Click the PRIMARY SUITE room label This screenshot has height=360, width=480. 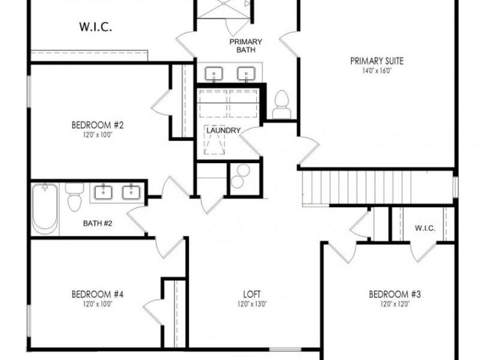coord(377,60)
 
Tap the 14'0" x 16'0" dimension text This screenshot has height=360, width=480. coord(377,70)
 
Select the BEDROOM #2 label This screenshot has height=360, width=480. coord(97,125)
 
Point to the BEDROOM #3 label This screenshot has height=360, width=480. coord(395,294)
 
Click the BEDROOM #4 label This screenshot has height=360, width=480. coord(97,294)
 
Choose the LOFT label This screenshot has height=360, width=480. coord(251,294)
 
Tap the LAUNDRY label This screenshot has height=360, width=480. coord(223,130)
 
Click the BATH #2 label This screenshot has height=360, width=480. coord(97,224)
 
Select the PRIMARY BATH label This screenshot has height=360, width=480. coord(246,46)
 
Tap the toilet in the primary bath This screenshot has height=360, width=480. coord(281,105)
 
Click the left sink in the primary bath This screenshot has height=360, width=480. coord(214,74)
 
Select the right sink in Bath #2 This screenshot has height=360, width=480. coord(130,192)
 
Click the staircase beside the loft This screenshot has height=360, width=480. coord(375,187)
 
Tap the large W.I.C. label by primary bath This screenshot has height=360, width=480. coord(96,27)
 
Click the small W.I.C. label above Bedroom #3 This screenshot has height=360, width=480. coord(425,228)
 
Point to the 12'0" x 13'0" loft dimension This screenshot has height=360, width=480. coord(251,304)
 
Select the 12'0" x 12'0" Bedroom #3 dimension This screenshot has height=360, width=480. coord(395,304)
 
